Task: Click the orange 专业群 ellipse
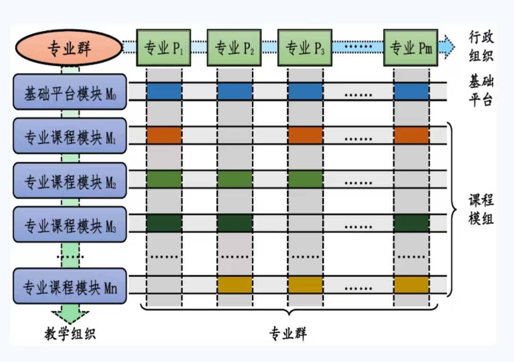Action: (x=69, y=48)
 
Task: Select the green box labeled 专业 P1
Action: (x=163, y=48)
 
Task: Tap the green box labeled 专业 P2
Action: (x=234, y=48)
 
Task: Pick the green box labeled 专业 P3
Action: (x=305, y=48)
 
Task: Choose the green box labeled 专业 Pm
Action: (x=411, y=48)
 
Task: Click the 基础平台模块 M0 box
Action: (x=70, y=92)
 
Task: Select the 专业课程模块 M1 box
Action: (x=70, y=136)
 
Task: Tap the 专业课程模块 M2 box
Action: (x=70, y=181)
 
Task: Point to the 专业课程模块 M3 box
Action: (x=70, y=224)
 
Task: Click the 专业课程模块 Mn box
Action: (x=70, y=286)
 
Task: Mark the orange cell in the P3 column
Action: (x=306, y=135)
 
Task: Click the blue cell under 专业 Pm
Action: (x=411, y=91)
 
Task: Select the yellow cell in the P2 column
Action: (x=235, y=284)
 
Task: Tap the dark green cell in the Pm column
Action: (x=411, y=223)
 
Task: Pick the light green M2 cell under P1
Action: (x=164, y=179)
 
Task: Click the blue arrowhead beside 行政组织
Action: (x=447, y=47)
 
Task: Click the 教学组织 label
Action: (x=70, y=334)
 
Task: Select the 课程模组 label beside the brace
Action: (x=481, y=209)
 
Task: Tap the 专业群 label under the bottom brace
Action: (x=288, y=334)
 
